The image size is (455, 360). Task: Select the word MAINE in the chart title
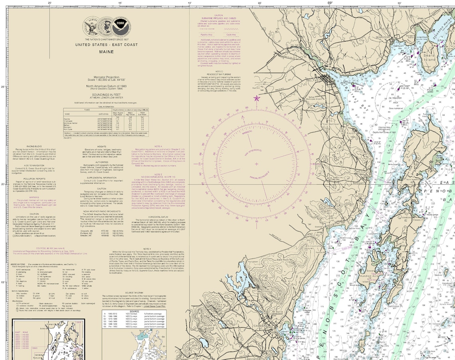[x=107, y=51]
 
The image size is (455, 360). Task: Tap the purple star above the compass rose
[x=256, y=98]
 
